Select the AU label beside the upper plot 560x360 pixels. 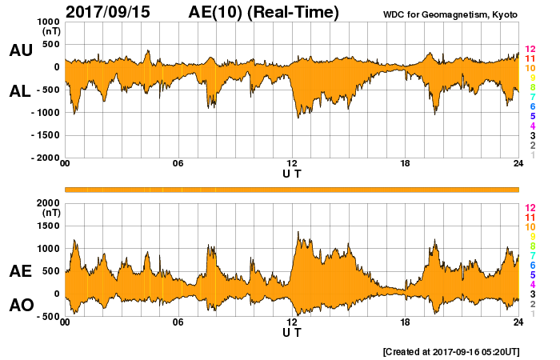(20, 50)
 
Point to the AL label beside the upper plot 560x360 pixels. (20, 91)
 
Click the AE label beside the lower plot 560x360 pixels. (20, 272)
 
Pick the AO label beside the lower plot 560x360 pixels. (20, 306)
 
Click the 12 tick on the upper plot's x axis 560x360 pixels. (292, 164)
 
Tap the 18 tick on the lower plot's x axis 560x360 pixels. (406, 322)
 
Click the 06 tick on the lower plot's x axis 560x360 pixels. (178, 322)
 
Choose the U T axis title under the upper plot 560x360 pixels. (292, 174)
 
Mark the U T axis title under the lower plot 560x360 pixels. (292, 332)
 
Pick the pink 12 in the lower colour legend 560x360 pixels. (530, 207)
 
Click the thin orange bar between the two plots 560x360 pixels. (292, 189)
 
